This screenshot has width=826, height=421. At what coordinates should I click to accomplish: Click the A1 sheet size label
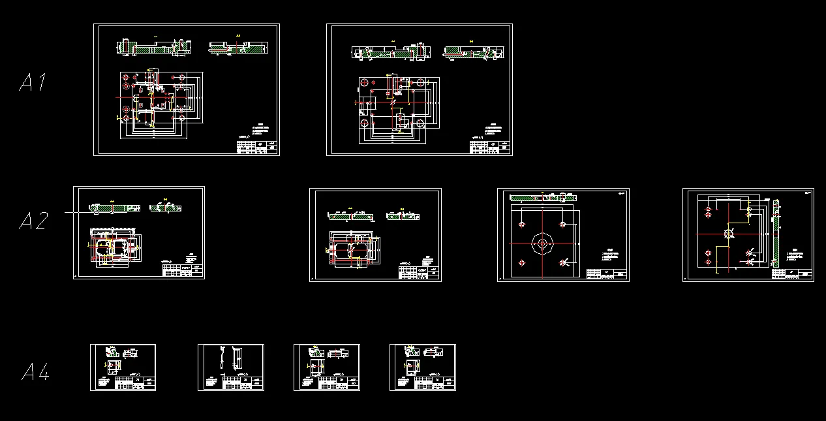pos(33,83)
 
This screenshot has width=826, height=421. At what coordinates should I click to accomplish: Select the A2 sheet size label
pos(33,221)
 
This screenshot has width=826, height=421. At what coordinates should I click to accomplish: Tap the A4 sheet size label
pos(35,373)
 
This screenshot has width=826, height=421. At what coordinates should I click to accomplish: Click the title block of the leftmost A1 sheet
pos(256,147)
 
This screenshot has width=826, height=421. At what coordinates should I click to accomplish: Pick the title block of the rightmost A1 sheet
pos(490,147)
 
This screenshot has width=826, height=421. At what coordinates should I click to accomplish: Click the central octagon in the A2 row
pos(542,244)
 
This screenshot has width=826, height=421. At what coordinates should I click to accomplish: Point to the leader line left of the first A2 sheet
pos(78,212)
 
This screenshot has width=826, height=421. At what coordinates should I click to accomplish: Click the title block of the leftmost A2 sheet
pos(182,271)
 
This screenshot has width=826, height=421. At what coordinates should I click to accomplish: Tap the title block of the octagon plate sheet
pos(606,273)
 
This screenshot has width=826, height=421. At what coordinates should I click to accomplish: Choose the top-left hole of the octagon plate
pos(521,225)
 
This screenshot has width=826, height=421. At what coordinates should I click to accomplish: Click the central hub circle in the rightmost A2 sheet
pos(728,233)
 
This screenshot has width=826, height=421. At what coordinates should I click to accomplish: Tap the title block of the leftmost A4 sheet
pos(135,384)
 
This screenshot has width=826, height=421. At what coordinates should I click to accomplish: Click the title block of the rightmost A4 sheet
pos(435,384)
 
